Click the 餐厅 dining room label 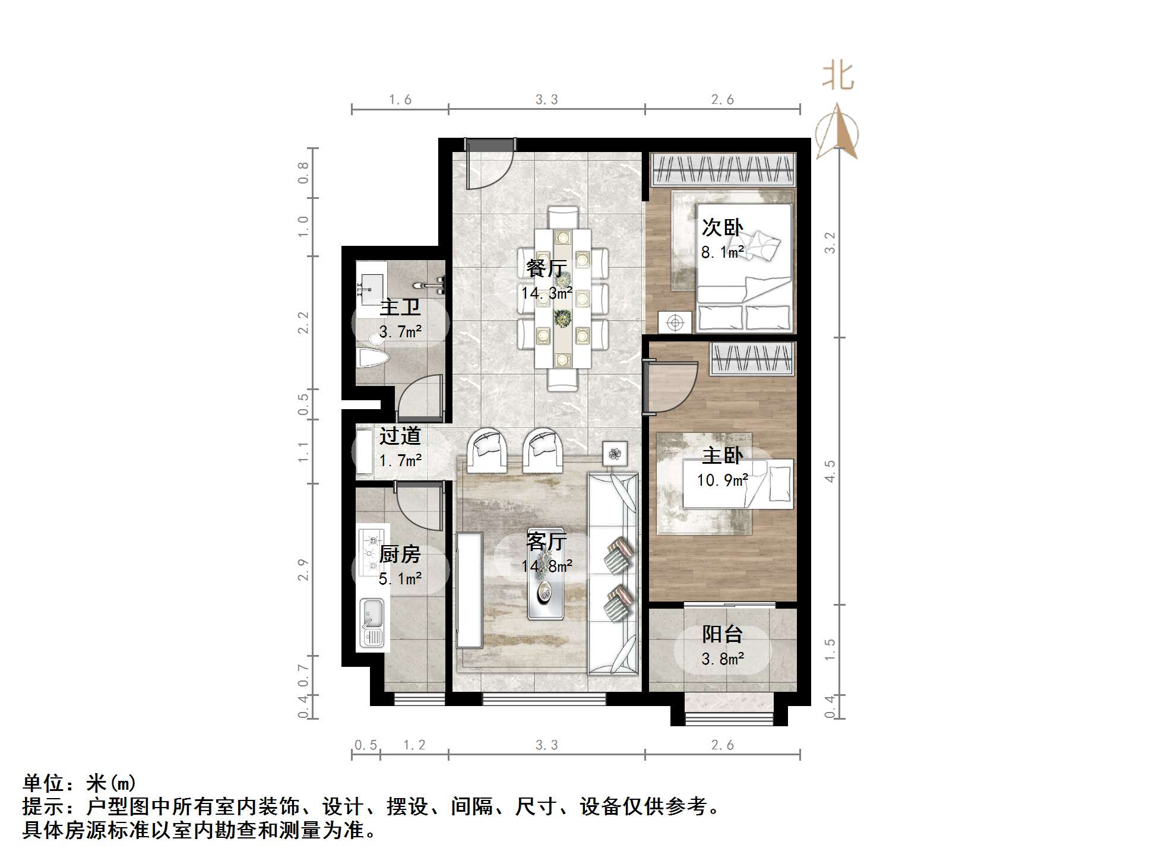click(546, 268)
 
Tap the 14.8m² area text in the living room click(547, 566)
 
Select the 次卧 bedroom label click(722, 227)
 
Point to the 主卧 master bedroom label click(722, 455)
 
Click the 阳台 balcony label click(722, 634)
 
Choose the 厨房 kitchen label click(400, 554)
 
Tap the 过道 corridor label click(400, 436)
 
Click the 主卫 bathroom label click(400, 307)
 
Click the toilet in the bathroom click(372, 356)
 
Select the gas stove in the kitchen click(373, 546)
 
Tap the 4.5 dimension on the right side click(830, 471)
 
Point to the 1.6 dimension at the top click(400, 100)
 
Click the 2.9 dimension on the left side click(303, 569)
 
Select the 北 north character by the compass click(838, 77)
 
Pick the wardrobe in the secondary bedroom click(723, 169)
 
